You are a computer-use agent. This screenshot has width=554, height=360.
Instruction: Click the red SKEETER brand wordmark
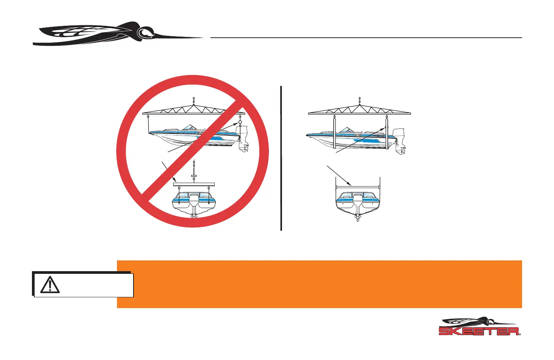tap(479, 331)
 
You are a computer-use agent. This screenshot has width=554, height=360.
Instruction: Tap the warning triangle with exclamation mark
tap(50, 285)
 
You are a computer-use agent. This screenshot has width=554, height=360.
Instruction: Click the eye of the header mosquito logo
tap(145, 33)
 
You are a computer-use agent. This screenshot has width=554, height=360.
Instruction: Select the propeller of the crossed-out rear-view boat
tap(194, 216)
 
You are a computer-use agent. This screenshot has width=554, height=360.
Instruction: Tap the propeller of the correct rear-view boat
tap(358, 219)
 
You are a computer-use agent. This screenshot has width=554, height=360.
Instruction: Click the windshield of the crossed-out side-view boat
tap(190, 127)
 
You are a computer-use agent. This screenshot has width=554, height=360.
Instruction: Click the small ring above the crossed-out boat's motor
tap(240, 122)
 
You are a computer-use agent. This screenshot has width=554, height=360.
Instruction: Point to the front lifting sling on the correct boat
tap(335, 133)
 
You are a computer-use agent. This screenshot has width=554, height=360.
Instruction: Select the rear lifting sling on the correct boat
tap(387, 133)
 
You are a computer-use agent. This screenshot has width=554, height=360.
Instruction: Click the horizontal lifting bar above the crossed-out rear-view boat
tap(194, 184)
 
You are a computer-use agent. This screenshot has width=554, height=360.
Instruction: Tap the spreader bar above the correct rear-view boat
tap(358, 187)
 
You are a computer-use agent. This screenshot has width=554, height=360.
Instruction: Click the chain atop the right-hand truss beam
tap(360, 101)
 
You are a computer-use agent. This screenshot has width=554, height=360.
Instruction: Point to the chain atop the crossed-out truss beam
tap(194, 101)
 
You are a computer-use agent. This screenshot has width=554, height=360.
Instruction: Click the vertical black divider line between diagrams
tap(281, 158)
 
